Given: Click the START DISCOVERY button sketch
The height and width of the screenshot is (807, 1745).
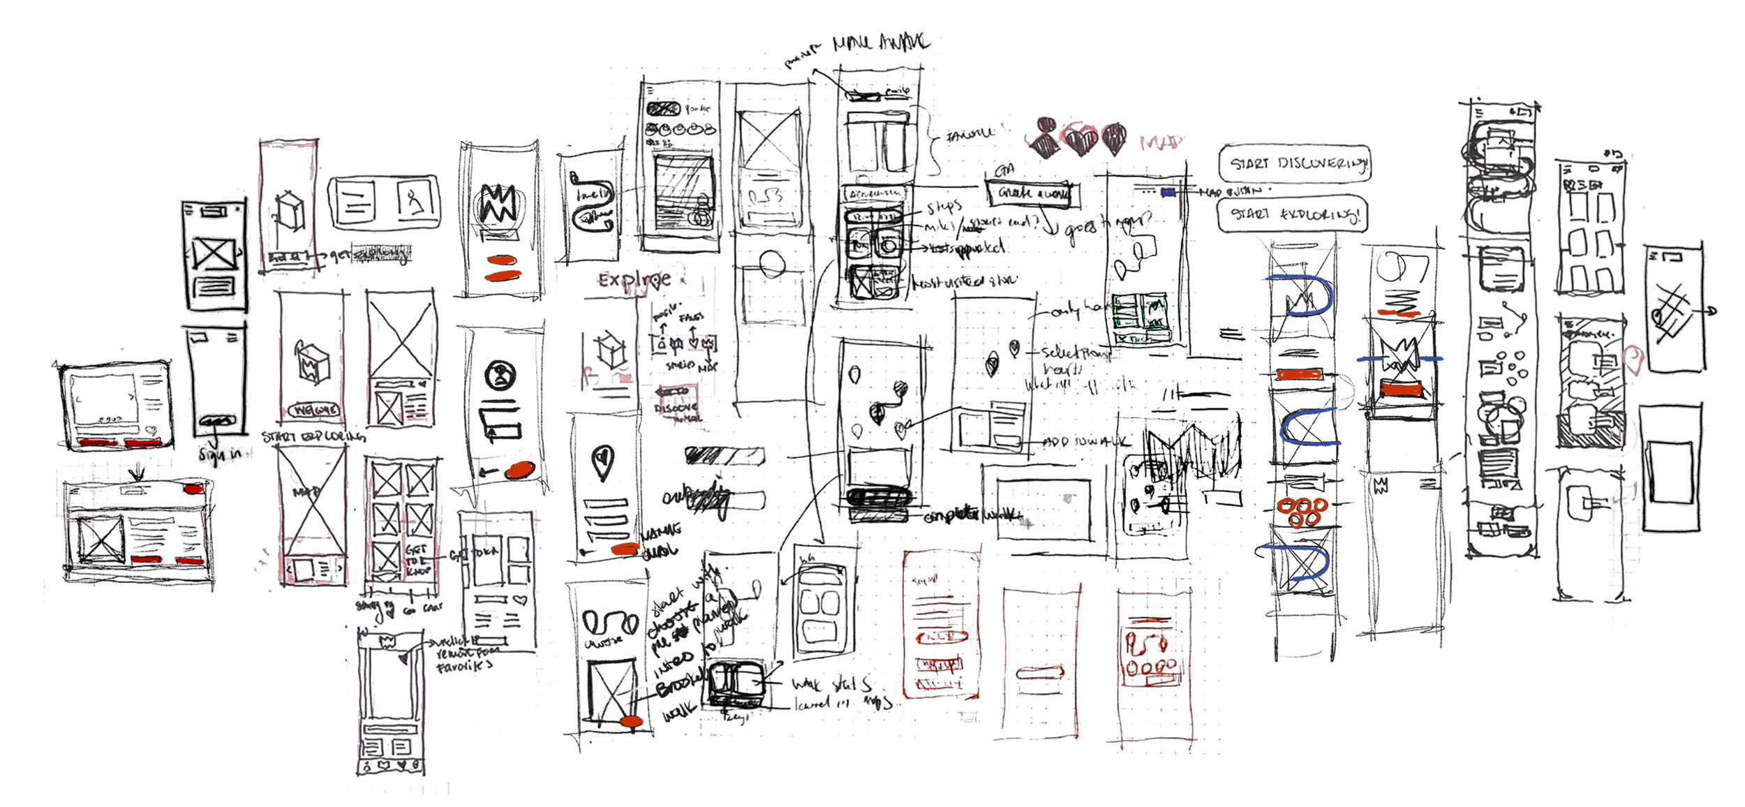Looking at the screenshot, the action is (1294, 164).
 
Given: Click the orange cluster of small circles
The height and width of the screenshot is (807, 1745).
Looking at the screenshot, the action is (1301, 511).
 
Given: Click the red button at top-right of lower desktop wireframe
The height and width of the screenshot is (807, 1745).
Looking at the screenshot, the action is (193, 489).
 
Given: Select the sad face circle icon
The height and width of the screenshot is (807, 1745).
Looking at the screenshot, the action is (500, 375).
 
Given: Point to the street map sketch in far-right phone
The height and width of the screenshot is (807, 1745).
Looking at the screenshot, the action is (1674, 309).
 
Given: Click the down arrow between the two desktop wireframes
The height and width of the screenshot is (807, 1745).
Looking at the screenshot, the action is (138, 472).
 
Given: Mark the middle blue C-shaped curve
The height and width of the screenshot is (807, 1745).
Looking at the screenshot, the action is (1309, 427).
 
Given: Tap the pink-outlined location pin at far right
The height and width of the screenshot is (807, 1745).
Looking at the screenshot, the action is (1634, 359).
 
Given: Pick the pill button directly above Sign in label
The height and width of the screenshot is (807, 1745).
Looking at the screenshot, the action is (217, 422).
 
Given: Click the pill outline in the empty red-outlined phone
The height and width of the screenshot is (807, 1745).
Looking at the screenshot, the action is (1040, 673).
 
